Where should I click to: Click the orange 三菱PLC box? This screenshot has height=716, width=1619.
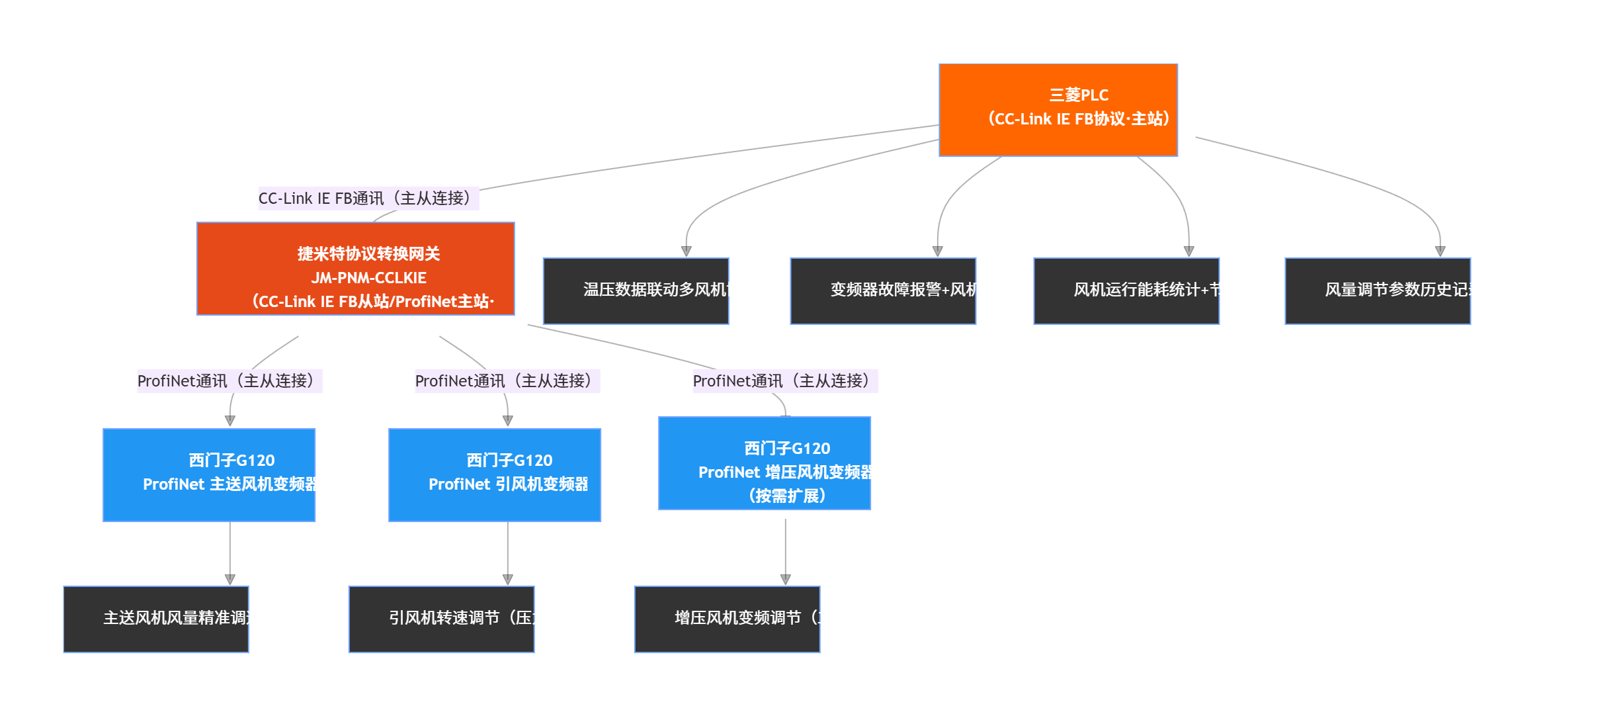pyautogui.click(x=1058, y=110)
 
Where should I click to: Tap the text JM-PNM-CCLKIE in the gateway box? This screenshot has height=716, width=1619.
pyautogui.click(x=368, y=278)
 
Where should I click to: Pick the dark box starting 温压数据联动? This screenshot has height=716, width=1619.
pyautogui.click(x=636, y=291)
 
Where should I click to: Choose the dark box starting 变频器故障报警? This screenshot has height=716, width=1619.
pyautogui.click(x=882, y=291)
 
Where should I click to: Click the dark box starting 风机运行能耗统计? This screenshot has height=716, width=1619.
pyautogui.click(x=1126, y=291)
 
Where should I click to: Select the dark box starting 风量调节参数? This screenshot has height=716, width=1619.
pyautogui.click(x=1377, y=291)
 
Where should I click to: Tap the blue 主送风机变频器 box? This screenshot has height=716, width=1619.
pyautogui.click(x=209, y=474)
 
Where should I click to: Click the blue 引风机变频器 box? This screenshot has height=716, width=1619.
pyautogui.click(x=494, y=474)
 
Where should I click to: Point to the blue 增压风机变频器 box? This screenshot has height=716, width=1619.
pyautogui.click(x=764, y=463)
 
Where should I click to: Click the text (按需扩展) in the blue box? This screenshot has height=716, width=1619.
pyautogui.click(x=786, y=496)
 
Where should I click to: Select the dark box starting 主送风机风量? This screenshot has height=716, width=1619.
pyautogui.click(x=156, y=619)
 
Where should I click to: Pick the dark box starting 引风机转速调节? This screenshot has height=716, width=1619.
pyautogui.click(x=441, y=619)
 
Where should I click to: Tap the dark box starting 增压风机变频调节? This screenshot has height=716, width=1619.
pyautogui.click(x=727, y=619)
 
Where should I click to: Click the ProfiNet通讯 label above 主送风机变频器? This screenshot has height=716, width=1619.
pyautogui.click(x=229, y=381)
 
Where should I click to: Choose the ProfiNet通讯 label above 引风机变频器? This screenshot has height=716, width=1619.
pyautogui.click(x=507, y=381)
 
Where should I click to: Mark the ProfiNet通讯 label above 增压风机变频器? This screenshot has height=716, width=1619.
pyautogui.click(x=785, y=381)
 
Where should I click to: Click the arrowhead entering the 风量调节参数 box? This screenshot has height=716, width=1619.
pyautogui.click(x=1440, y=251)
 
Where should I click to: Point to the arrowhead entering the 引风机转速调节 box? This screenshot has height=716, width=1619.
pyautogui.click(x=507, y=580)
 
